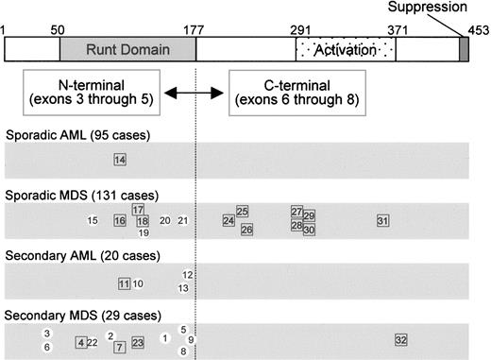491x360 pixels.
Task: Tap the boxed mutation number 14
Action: pos(119,160)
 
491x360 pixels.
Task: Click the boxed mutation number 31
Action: pos(382,220)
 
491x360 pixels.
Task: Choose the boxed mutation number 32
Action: pos(401,339)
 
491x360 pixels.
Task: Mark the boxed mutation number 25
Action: pos(243,211)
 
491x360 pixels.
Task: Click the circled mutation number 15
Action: pos(93,220)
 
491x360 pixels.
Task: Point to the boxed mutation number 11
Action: pos(124,283)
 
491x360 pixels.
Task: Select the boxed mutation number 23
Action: pos(138,342)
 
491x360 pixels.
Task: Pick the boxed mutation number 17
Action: pos(138,209)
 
